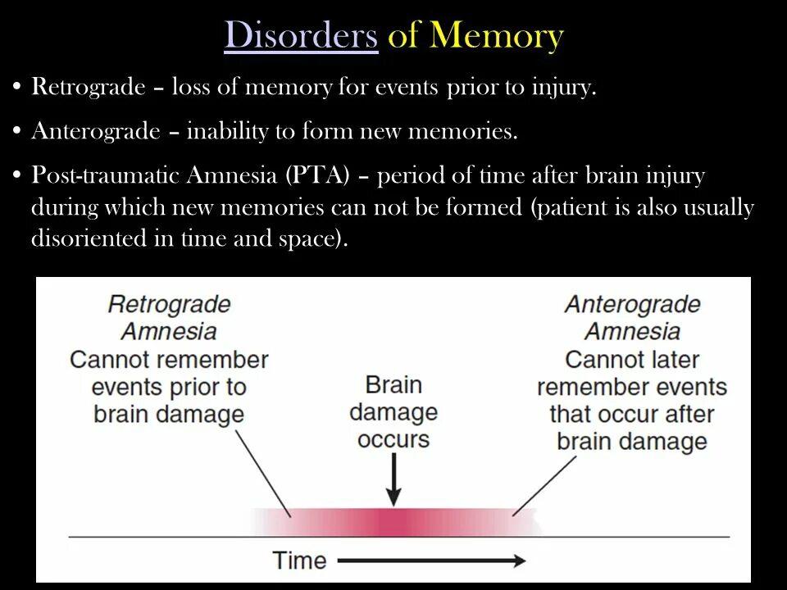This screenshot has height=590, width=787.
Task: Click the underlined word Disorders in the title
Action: [x=301, y=36]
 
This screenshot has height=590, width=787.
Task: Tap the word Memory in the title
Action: [x=497, y=36]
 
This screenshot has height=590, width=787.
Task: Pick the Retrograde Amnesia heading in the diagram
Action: [x=169, y=318]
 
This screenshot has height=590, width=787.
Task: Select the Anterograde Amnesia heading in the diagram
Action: [x=632, y=318]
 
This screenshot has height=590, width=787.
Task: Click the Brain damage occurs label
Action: [x=393, y=411]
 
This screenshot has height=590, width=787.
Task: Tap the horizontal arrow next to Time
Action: [x=431, y=561]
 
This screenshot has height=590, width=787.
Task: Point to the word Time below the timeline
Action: [x=299, y=560]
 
